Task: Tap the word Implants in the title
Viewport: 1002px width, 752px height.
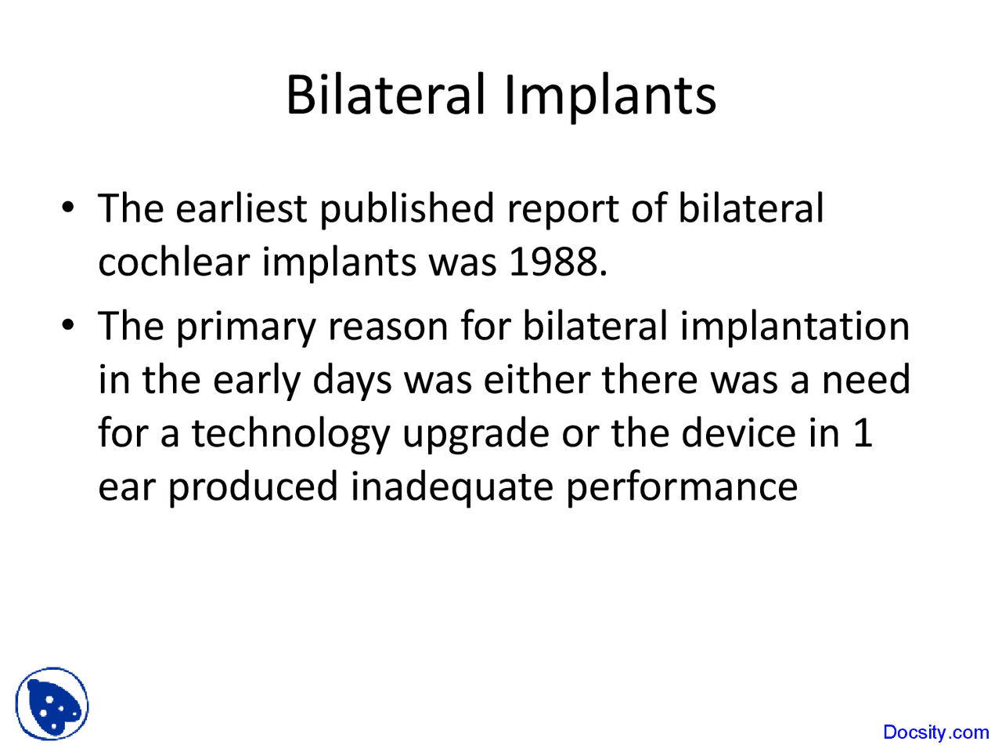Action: click(x=610, y=96)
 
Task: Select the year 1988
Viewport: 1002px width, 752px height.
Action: click(x=557, y=261)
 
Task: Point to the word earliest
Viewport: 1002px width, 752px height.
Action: click(x=241, y=209)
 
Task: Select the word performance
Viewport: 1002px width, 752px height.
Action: click(x=681, y=487)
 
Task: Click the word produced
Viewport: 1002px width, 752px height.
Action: click(x=253, y=487)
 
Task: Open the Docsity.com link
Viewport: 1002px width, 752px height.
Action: click(x=935, y=732)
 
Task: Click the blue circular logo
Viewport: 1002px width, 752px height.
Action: click(x=52, y=703)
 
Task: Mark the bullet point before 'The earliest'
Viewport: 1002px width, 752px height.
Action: click(x=69, y=208)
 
